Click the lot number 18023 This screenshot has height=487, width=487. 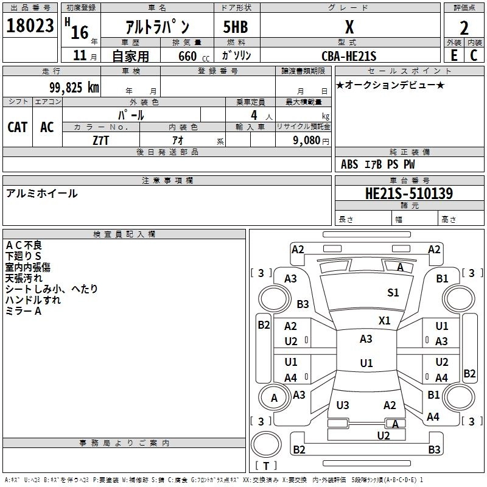coord(30,26)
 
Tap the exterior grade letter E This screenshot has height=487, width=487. coord(454,55)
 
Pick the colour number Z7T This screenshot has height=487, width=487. coord(101,139)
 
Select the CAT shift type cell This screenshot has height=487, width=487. coord(17,127)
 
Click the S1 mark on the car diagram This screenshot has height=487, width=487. coord(393,293)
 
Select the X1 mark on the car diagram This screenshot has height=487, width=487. coord(384,320)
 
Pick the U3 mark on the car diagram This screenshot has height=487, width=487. coord(343,405)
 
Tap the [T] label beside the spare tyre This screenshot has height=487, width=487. coord(266,466)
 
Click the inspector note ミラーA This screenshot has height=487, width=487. coord(23,311)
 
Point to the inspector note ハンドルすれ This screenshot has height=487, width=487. coord(33,300)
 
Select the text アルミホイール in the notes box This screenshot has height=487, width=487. coord(41,194)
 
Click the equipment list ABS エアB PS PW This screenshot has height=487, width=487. coord(378,164)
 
